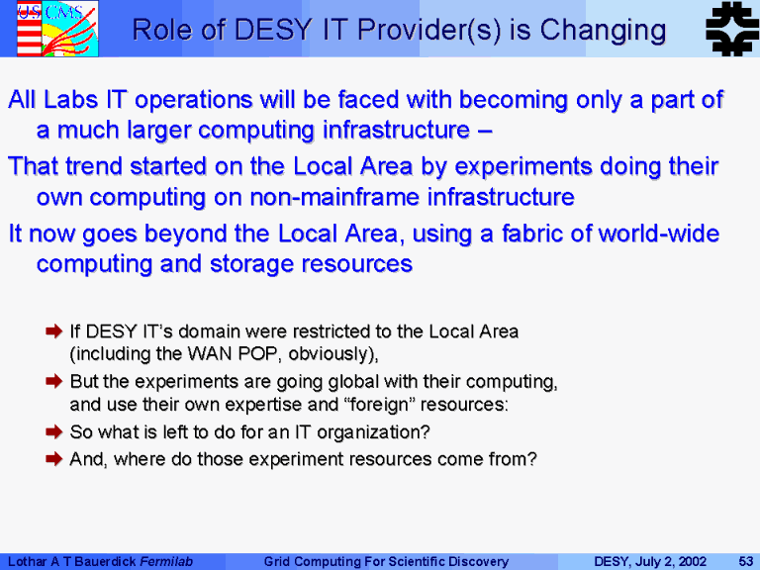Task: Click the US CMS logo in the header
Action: (x=57, y=28)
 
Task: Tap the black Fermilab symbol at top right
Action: (x=732, y=29)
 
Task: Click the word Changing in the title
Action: (x=603, y=30)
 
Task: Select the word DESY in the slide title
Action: (x=272, y=30)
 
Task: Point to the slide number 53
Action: (x=745, y=561)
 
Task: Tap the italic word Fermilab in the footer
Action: (x=166, y=562)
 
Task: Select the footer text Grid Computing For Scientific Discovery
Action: (x=386, y=562)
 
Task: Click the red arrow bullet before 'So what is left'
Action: (x=53, y=431)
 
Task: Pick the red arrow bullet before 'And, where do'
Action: (x=53, y=458)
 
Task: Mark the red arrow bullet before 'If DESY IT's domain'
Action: (x=53, y=332)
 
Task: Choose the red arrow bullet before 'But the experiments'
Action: (x=53, y=381)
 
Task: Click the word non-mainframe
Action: (x=334, y=197)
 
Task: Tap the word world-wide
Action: (x=659, y=234)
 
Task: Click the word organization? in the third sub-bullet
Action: (x=373, y=432)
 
